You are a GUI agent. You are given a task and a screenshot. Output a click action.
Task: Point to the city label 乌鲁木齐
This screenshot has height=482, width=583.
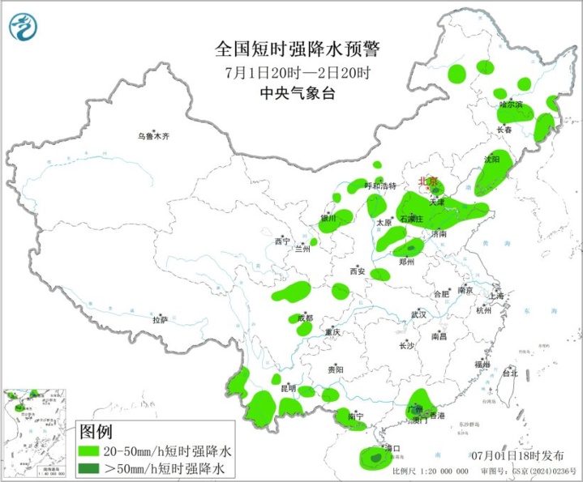point(153,136)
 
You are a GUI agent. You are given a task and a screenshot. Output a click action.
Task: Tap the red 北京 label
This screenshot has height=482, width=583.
point(427,181)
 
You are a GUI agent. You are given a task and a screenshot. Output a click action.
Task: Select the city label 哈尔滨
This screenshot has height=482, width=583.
point(511,105)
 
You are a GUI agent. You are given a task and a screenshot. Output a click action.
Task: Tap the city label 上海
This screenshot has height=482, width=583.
point(497,296)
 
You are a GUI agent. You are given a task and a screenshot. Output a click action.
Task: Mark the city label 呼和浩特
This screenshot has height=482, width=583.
point(380,186)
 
